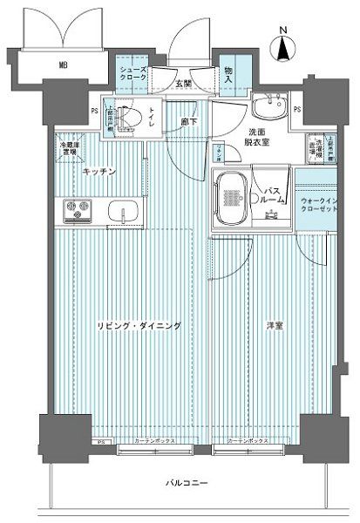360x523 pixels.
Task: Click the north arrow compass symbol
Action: tap(283, 45)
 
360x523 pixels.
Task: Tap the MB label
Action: tap(64, 65)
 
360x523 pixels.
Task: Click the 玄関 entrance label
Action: tap(183, 84)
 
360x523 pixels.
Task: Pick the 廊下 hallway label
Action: tap(187, 121)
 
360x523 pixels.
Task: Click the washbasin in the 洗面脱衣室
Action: tap(269, 108)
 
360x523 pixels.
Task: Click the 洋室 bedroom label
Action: tap(275, 325)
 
